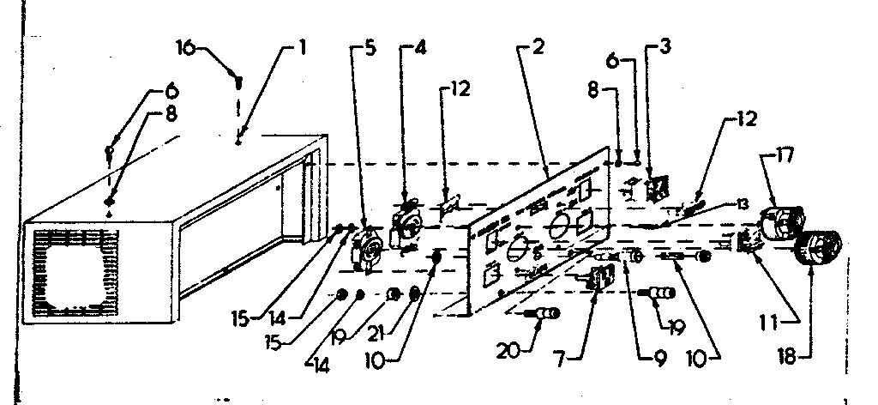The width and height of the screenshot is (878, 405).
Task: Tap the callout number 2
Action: point(538,47)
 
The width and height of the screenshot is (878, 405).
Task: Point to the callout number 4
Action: point(420,48)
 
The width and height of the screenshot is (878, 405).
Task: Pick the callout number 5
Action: point(370,48)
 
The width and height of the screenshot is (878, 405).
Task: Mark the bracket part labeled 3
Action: point(656,188)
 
